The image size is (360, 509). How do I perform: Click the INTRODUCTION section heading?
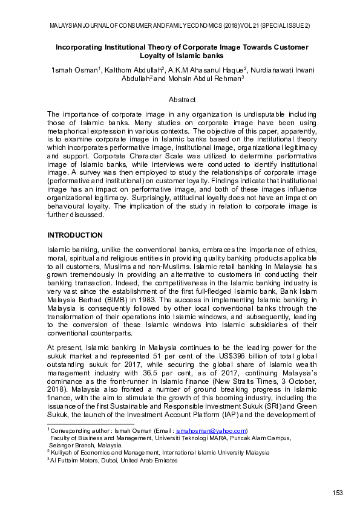pyautogui.click(x=74, y=235)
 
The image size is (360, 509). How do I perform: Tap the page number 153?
pyautogui.click(x=338, y=493)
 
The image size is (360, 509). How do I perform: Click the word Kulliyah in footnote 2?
pyautogui.click(x=62, y=452)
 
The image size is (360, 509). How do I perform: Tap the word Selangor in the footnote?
pyautogui.click(x=64, y=444)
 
